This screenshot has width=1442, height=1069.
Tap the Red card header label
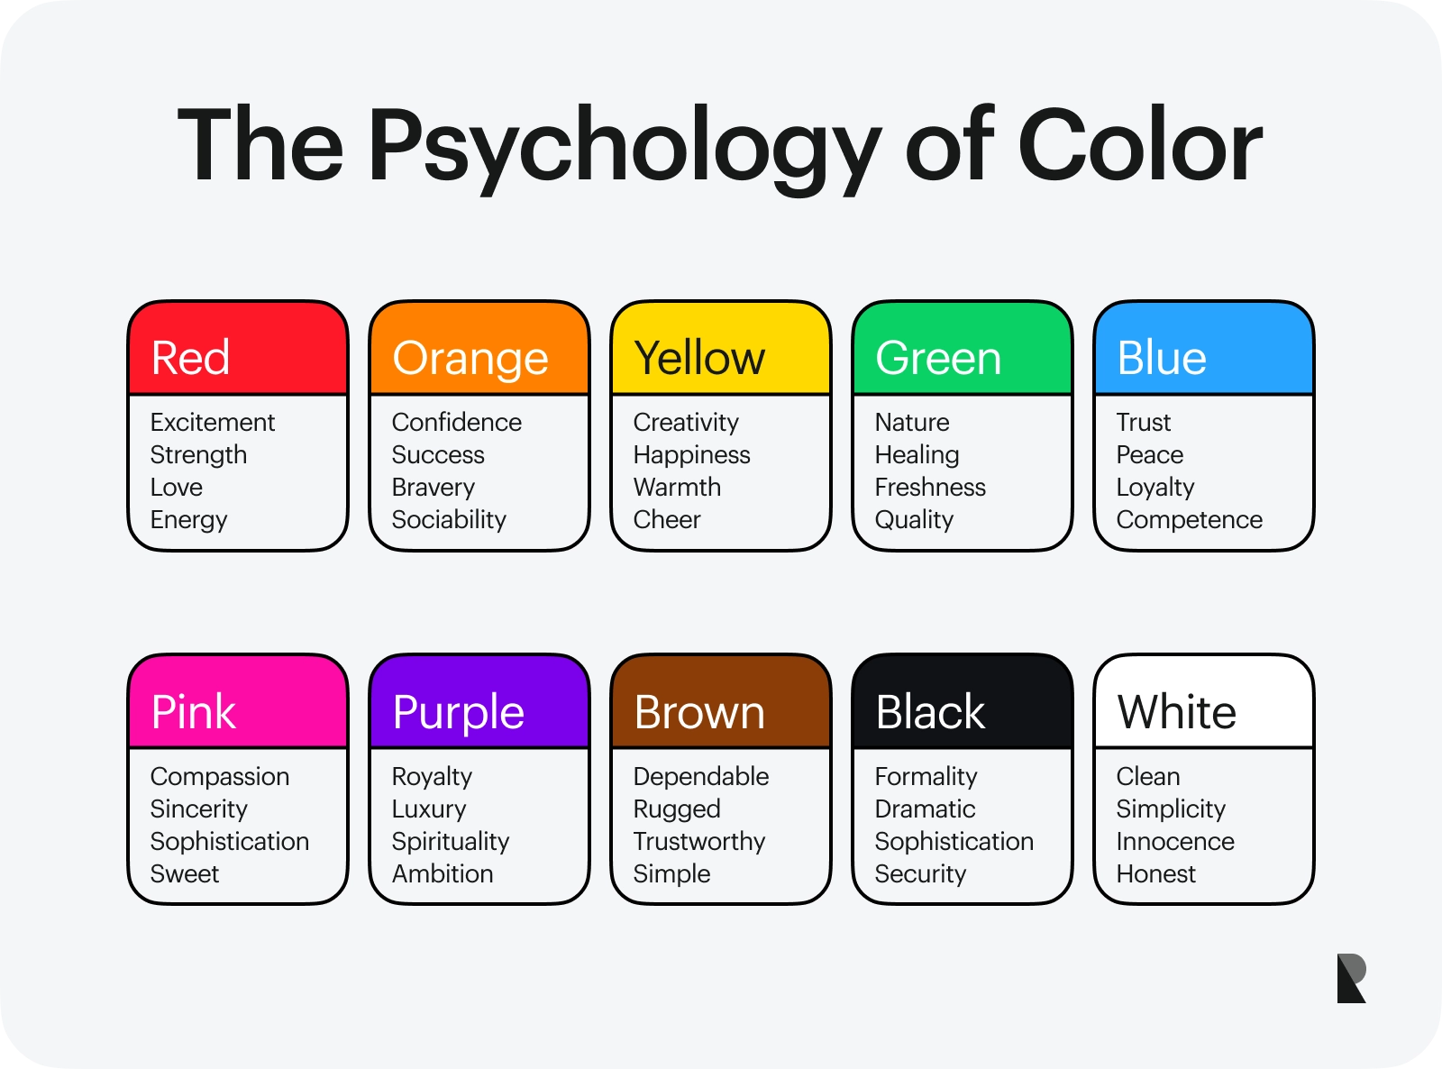pyautogui.click(x=190, y=357)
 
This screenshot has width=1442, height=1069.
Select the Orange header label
pyautogui.click(x=470, y=361)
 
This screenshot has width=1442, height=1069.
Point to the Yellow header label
pyautogui.click(x=699, y=357)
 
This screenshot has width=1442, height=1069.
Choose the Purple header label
pyautogui.click(x=459, y=714)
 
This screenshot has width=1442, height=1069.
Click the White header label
pyautogui.click(x=1177, y=711)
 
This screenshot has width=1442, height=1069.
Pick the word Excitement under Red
pyautogui.click(x=213, y=423)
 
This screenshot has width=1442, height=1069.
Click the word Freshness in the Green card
pyautogui.click(x=930, y=488)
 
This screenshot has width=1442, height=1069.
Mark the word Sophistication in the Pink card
pyautogui.click(x=230, y=843)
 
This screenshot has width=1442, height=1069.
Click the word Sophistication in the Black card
pyautogui.click(x=954, y=843)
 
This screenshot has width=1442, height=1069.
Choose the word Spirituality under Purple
pyautogui.click(x=451, y=843)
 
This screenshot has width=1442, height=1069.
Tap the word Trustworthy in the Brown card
pyautogui.click(x=699, y=843)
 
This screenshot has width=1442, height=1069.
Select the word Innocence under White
pyautogui.click(x=1175, y=842)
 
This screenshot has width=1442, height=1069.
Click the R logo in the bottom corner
pyautogui.click(x=1352, y=979)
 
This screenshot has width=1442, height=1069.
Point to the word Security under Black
pyautogui.click(x=920, y=875)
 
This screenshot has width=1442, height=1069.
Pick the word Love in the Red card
pyautogui.click(x=176, y=488)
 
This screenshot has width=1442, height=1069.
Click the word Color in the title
pyautogui.click(x=1140, y=144)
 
